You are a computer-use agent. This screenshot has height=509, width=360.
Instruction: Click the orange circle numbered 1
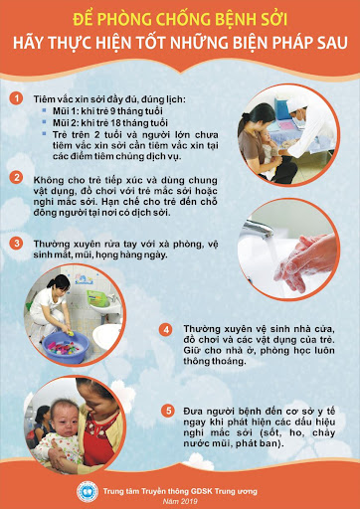[x=16, y=98]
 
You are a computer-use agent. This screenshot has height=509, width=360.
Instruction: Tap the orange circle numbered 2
[x=16, y=178]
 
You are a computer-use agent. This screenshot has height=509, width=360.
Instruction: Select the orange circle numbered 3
[x=16, y=244]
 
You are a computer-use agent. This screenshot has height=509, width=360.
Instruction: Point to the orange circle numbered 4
[x=166, y=330]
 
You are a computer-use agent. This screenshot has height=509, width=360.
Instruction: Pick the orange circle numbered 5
[x=168, y=412]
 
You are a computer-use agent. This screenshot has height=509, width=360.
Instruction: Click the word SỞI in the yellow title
[x=270, y=20]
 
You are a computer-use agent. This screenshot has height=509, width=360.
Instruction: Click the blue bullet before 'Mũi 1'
[x=44, y=109]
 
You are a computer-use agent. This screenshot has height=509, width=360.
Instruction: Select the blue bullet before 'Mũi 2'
[x=44, y=121]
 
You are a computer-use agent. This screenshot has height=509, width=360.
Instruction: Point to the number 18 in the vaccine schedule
[x=115, y=123]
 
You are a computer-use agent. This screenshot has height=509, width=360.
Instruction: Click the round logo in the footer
[x=88, y=492]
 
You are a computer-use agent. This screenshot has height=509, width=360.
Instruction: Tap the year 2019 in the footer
[x=190, y=501]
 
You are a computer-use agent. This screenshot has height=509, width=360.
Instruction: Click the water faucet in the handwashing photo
[x=257, y=229]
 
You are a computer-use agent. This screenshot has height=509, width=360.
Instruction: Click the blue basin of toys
[x=66, y=347]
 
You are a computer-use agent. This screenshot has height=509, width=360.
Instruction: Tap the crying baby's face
[x=64, y=419]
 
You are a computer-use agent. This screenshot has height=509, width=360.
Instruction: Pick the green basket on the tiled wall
[x=97, y=298]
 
